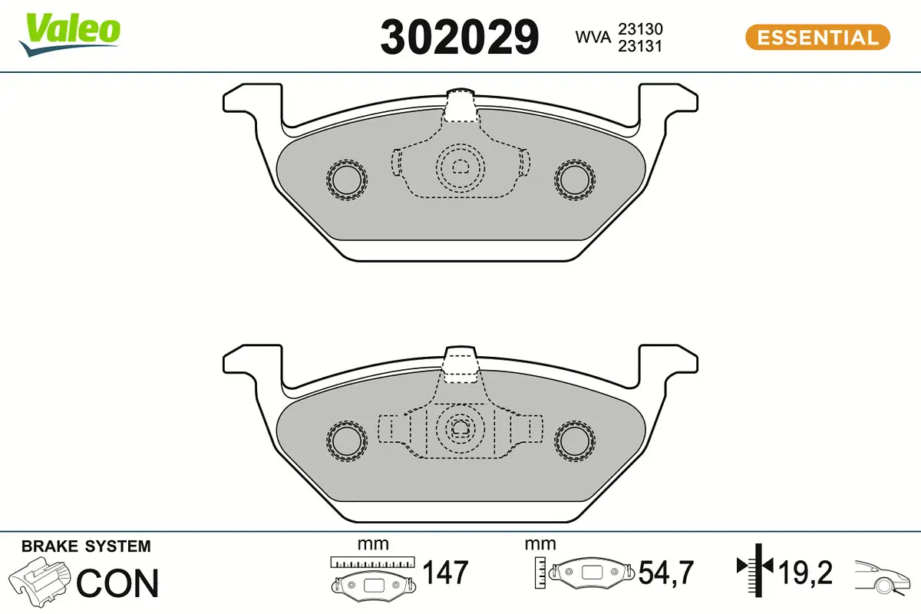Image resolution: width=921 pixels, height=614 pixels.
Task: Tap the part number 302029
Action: tap(460, 37)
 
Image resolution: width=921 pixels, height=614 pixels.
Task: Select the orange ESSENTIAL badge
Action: tap(817, 38)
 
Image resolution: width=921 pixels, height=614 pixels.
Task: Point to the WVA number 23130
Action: tap(641, 29)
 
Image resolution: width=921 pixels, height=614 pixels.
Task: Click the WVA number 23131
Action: tap(641, 46)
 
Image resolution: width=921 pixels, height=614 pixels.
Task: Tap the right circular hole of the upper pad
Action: tap(574, 180)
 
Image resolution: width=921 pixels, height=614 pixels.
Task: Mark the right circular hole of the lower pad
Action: tap(574, 440)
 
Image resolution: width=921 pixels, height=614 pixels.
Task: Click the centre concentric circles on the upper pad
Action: tap(460, 167)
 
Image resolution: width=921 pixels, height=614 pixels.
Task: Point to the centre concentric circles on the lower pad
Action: tap(460, 427)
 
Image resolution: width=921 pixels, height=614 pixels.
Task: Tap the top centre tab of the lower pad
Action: tap(460, 365)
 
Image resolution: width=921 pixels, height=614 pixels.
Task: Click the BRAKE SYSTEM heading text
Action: tap(86, 546)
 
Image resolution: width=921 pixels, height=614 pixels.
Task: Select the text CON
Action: tap(118, 583)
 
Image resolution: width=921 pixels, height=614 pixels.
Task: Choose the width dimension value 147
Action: tap(445, 573)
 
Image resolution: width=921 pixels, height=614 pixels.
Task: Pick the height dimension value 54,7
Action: tap(666, 573)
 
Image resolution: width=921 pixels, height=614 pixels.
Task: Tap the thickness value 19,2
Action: tap(806, 573)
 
